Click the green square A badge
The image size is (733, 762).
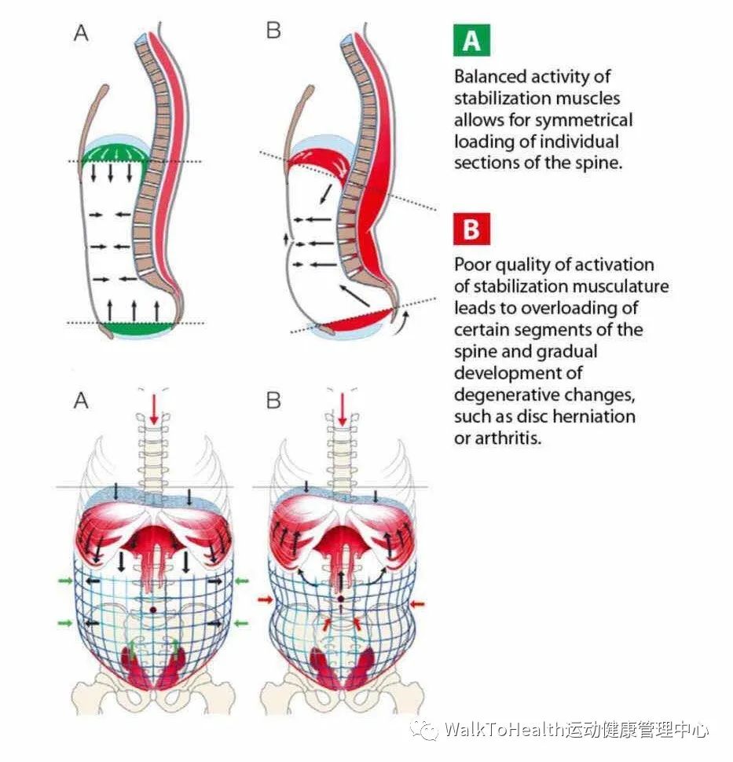(x=471, y=40)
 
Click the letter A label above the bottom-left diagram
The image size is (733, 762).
(x=81, y=400)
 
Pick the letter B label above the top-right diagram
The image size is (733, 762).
(x=273, y=32)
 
